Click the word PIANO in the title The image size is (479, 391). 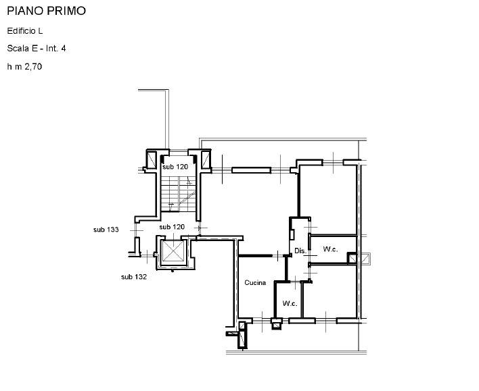(x=25, y=11)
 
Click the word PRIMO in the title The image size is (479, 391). (x=66, y=11)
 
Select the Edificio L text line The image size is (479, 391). (x=25, y=31)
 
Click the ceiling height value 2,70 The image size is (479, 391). (x=33, y=66)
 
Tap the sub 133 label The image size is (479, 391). (x=106, y=230)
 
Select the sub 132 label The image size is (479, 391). (x=134, y=277)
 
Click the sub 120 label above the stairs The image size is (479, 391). (x=175, y=167)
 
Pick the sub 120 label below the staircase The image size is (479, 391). (x=172, y=227)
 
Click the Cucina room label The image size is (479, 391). (x=255, y=283)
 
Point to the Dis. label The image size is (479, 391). (x=300, y=251)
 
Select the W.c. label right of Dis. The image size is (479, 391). (x=330, y=249)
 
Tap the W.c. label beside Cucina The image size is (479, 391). (x=290, y=303)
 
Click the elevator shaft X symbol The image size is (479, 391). (x=173, y=251)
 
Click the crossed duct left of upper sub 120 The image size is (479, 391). (x=152, y=159)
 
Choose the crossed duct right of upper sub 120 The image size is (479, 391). (x=206, y=159)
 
